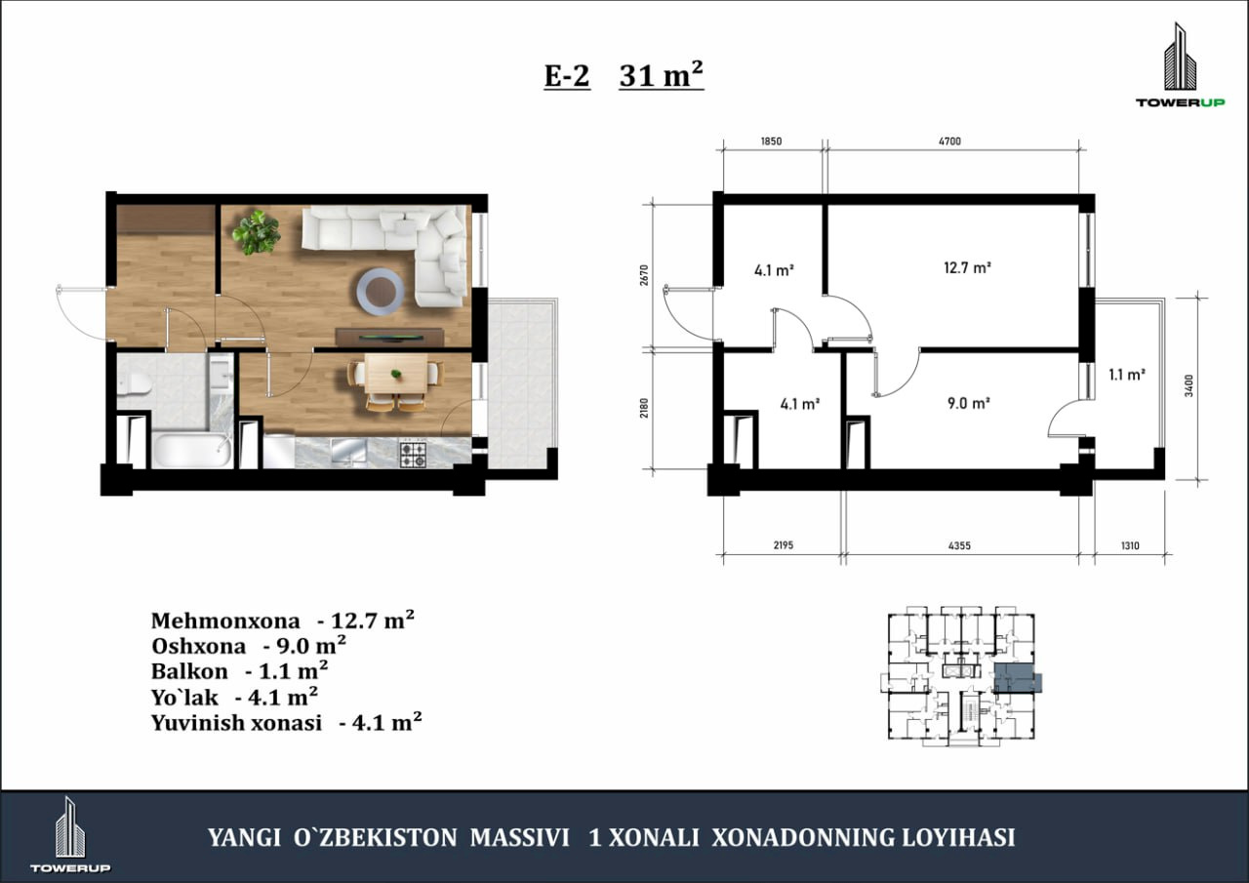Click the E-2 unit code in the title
567,76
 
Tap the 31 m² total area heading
662,75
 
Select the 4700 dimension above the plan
949,141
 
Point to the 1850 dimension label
771,141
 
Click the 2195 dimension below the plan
784,545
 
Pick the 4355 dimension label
959,545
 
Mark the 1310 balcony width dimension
1130,545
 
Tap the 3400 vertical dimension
1189,385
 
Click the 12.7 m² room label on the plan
967,267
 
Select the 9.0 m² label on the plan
969,403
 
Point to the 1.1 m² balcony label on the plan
1127,374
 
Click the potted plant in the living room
257,232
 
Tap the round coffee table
381,292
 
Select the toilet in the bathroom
135,384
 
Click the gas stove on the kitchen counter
413,454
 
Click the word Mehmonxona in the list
225,621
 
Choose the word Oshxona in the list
198,646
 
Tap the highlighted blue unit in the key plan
1014,678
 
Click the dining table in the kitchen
396,373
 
